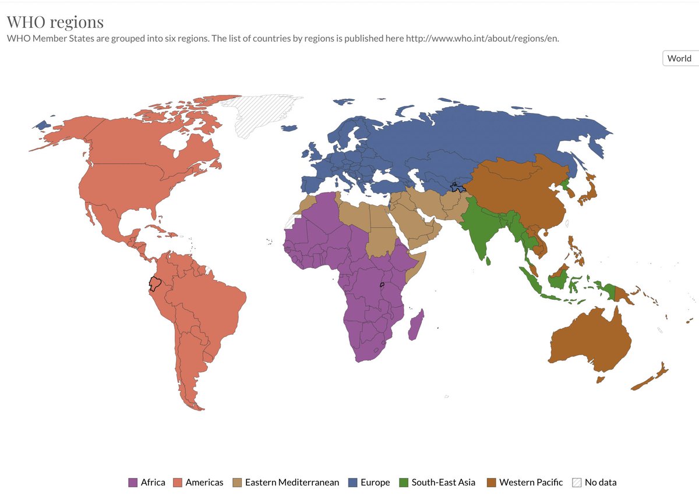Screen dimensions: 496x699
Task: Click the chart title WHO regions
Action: point(55,22)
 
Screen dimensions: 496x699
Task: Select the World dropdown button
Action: point(679,58)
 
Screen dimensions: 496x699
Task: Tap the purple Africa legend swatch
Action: point(133,482)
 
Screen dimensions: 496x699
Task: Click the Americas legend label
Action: point(204,482)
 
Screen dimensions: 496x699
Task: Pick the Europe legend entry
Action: point(375,482)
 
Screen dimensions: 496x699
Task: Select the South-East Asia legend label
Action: point(443,482)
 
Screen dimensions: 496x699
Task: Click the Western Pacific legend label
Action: point(531,482)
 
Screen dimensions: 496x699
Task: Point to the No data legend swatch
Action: point(577,482)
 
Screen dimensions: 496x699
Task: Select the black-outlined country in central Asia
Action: point(457,187)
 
